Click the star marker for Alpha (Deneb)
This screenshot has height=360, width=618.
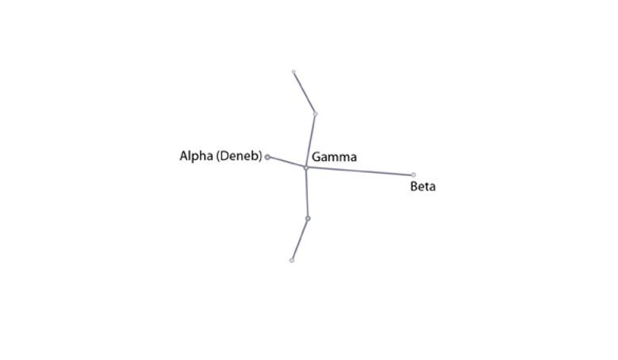(x=267, y=157)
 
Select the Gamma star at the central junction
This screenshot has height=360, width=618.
(x=306, y=168)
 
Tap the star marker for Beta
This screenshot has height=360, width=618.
(x=413, y=175)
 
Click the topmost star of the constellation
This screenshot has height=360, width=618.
(x=294, y=71)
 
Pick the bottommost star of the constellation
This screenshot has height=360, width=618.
(x=292, y=260)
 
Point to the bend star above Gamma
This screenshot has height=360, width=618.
(x=315, y=114)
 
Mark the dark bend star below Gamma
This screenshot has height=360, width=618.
(x=308, y=218)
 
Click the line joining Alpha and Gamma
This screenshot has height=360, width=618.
(x=286, y=163)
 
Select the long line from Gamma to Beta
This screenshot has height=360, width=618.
(x=359, y=171)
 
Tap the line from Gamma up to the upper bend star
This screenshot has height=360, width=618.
(x=310, y=141)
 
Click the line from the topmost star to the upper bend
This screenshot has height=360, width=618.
(x=305, y=93)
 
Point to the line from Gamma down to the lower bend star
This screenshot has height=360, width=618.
(x=307, y=193)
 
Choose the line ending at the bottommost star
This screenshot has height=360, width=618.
(x=300, y=239)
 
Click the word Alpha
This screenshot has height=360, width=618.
(x=196, y=156)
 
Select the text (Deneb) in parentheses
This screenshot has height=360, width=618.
(x=240, y=156)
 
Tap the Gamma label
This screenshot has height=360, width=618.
(x=334, y=157)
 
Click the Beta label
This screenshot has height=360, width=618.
(x=423, y=186)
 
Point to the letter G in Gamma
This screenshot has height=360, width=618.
(x=316, y=157)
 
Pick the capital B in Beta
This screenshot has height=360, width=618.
(x=414, y=186)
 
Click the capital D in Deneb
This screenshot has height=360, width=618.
(x=224, y=156)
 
